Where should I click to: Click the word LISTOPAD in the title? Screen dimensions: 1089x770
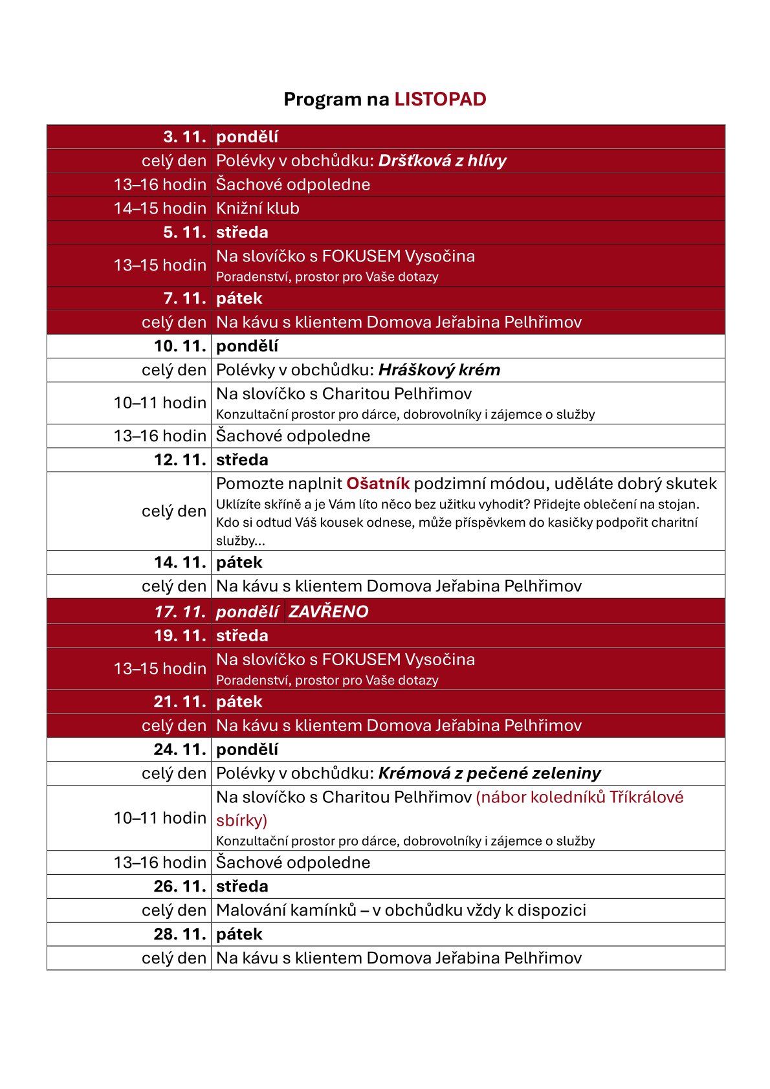click(x=440, y=99)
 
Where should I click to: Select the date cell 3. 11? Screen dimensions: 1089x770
click(x=184, y=137)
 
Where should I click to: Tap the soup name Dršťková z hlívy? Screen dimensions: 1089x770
click(x=442, y=160)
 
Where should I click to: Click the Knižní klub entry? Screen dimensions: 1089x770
click(x=258, y=208)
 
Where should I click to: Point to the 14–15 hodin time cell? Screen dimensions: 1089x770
click(x=160, y=208)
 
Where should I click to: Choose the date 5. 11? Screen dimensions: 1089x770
click(x=184, y=232)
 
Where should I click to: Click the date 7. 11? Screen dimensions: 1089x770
click(x=184, y=298)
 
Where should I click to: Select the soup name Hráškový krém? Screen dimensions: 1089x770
click(x=439, y=370)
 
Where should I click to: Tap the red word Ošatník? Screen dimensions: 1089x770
click(x=378, y=483)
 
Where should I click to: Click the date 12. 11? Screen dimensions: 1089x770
click(x=180, y=460)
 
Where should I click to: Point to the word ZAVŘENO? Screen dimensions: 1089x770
click(x=328, y=611)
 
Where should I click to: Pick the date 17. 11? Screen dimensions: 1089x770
click(x=180, y=611)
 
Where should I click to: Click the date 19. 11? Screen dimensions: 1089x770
click(x=180, y=635)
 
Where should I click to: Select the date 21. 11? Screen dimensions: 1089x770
click(x=180, y=701)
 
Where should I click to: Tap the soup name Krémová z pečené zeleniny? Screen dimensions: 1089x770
click(x=489, y=773)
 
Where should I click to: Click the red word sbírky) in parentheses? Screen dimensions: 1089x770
click(x=241, y=820)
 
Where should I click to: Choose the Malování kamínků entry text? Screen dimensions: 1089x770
click(x=401, y=910)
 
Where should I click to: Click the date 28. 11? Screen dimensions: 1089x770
click(x=180, y=934)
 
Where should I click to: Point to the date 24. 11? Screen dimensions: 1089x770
click(x=180, y=749)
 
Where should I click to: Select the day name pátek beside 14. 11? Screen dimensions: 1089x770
click(x=239, y=562)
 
